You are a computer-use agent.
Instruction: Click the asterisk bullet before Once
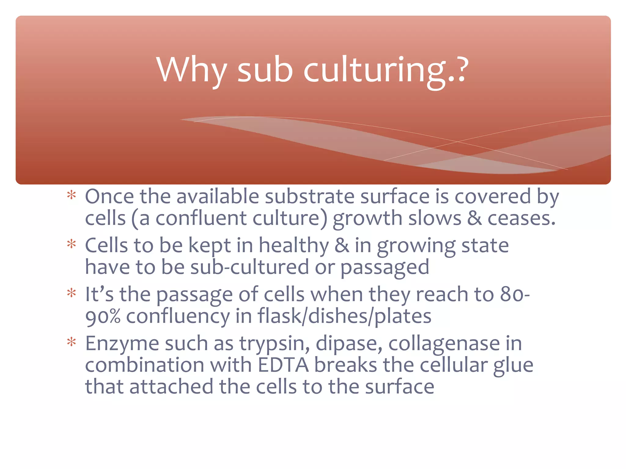(x=72, y=195)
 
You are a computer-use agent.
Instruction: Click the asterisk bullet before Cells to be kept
(x=72, y=245)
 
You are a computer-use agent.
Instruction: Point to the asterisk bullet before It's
(x=72, y=293)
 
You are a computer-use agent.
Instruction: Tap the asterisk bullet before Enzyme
(x=72, y=343)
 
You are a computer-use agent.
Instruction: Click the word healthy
(x=294, y=246)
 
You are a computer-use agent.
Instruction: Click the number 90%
(x=103, y=317)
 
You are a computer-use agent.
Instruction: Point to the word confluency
(x=178, y=317)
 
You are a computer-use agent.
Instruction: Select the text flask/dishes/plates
(x=344, y=316)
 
